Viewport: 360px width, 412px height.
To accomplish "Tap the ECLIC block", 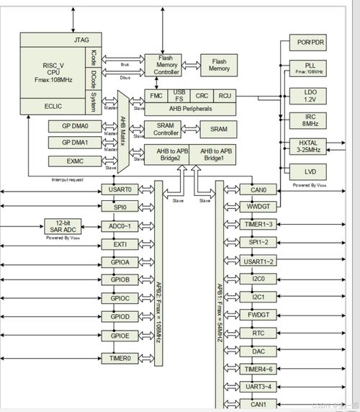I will (x=54, y=106).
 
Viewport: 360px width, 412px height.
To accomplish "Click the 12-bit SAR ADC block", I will (x=61, y=225).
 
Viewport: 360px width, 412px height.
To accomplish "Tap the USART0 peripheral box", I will (x=120, y=189).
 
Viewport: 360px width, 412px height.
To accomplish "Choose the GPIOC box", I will (x=120, y=298).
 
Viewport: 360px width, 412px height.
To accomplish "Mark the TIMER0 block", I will (x=120, y=358).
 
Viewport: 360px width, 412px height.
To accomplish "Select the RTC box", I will (x=258, y=333).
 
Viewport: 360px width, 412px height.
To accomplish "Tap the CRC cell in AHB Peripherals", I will (x=203, y=94).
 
